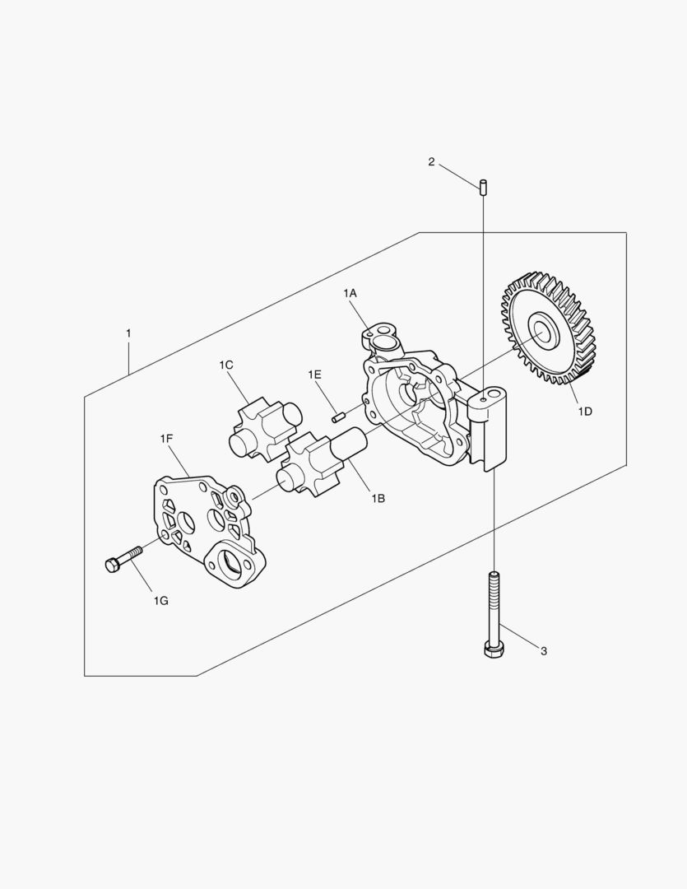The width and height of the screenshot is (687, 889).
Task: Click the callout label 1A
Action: click(x=350, y=293)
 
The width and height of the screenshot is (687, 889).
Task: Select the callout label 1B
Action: click(x=378, y=498)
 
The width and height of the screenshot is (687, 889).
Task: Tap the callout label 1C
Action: click(x=226, y=365)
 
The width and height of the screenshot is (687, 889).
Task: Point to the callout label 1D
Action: click(x=585, y=412)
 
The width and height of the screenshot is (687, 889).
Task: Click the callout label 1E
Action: click(x=314, y=375)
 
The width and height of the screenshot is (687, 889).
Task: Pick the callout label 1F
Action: click(x=166, y=438)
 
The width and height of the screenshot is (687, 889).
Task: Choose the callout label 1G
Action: click(x=161, y=601)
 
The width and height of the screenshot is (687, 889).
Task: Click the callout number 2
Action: click(x=431, y=162)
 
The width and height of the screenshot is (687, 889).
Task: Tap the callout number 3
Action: click(x=544, y=651)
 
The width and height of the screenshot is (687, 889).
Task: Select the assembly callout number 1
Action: click(x=128, y=333)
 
